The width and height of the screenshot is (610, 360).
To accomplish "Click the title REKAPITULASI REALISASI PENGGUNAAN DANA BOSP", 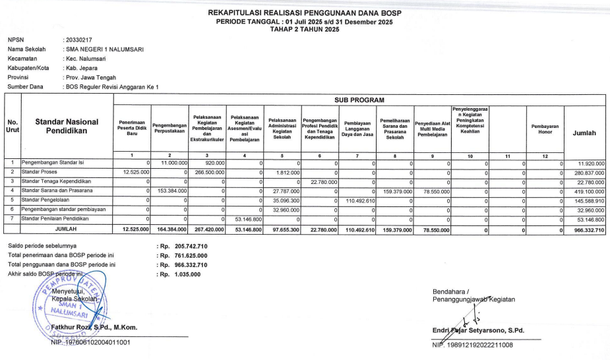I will click(x=305, y=13).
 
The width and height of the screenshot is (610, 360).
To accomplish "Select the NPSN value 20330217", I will click(x=79, y=40).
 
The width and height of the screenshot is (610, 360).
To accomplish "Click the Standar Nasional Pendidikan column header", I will click(x=67, y=127).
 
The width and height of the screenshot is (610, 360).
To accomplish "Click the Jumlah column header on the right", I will click(x=584, y=133).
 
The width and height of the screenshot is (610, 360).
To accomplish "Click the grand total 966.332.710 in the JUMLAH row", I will click(x=586, y=229).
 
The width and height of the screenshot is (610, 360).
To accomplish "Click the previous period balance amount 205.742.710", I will click(x=187, y=246).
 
